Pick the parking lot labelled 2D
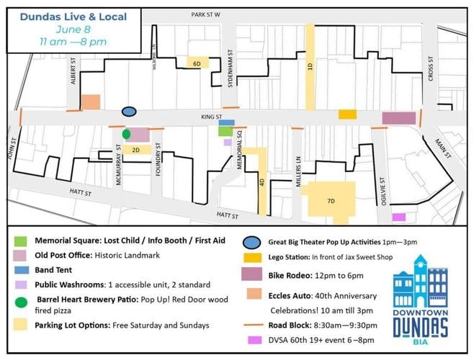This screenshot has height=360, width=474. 135,150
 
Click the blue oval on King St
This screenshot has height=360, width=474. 129,112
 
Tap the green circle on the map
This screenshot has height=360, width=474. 126,134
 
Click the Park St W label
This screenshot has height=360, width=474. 205,14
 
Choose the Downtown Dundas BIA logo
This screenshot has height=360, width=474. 421,297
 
